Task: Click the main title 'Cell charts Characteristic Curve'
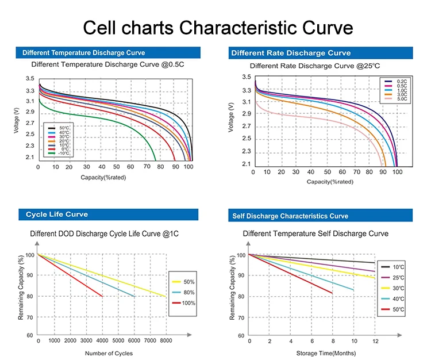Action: tap(217, 27)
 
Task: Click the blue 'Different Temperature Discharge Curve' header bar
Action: tap(109, 53)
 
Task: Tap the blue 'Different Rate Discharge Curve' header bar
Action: tap(321, 53)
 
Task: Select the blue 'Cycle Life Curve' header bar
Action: tap(109, 215)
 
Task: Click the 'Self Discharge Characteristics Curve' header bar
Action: tap(321, 216)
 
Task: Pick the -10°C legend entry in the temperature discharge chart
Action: tap(60, 154)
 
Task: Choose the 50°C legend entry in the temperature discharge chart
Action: tap(60, 127)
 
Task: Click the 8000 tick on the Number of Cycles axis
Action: tap(166, 342)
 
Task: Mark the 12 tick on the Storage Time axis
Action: tap(375, 342)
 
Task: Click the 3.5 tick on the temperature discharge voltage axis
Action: tap(29, 78)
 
